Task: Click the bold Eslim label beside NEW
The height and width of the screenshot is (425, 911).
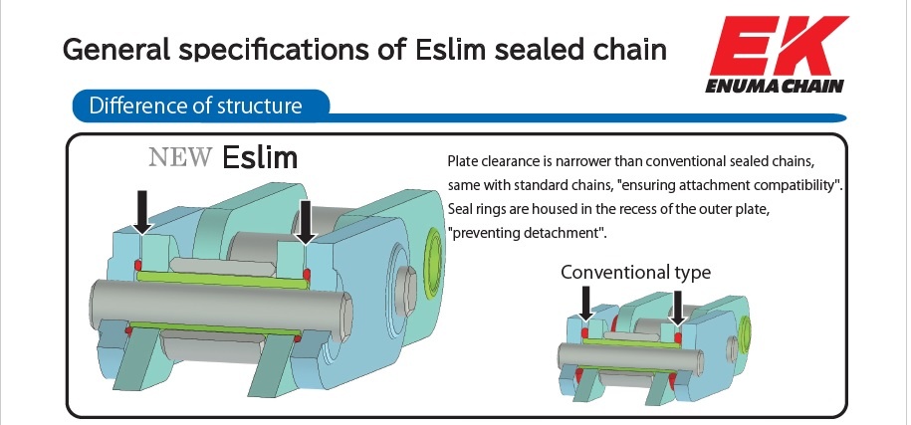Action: click(x=260, y=156)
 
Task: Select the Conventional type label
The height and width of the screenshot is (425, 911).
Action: click(x=635, y=272)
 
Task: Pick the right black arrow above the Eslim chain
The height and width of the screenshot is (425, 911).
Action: click(x=307, y=219)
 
